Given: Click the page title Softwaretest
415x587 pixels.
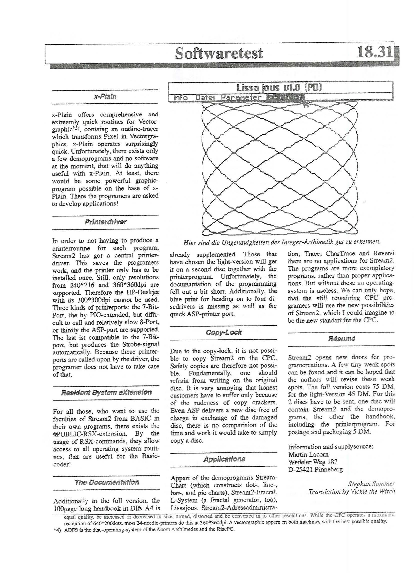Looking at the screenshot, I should pyautogui.click(x=219, y=53).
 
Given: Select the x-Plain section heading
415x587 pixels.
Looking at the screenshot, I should pyautogui.click(x=105, y=97).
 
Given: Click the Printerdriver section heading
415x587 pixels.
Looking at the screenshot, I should pyautogui.click(x=105, y=222).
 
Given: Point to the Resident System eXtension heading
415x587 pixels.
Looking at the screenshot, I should pyautogui.click(x=106, y=392).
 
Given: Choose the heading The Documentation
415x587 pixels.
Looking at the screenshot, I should pyautogui.click(x=107, y=482).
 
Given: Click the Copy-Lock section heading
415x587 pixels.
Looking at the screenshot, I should pyautogui.click(x=223, y=332).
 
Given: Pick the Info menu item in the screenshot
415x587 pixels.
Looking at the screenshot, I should pyautogui.click(x=181, y=98).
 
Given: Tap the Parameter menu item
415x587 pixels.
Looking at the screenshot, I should pyautogui.click(x=241, y=97).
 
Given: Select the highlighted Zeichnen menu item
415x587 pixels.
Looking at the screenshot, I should pyautogui.click(x=285, y=97).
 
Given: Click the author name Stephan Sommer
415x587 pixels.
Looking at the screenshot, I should pyautogui.click(x=371, y=484).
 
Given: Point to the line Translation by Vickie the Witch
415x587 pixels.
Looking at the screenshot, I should pyautogui.click(x=352, y=492).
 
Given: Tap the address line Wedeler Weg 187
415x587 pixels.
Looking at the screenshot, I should pyautogui.click(x=313, y=462).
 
